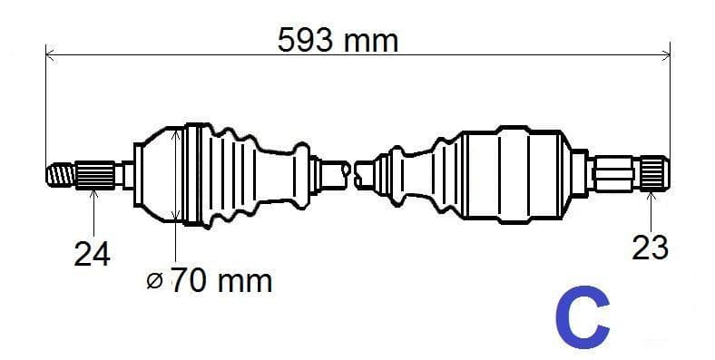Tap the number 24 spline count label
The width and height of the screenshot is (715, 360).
coord(92,254)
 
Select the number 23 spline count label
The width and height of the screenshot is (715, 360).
coord(650,246)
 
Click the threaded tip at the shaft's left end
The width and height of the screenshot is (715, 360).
coord(60,173)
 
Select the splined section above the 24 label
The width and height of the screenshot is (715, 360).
coord(95,173)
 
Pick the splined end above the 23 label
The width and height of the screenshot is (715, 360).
coord(654,172)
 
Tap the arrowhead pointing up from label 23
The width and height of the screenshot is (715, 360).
coord(652,193)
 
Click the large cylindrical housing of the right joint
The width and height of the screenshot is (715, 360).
coord(513,174)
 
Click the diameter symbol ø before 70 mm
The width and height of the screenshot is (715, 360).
coord(154,281)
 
